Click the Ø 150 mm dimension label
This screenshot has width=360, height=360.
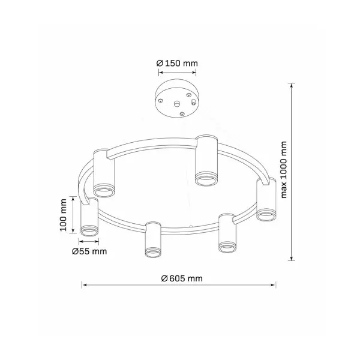(177, 63)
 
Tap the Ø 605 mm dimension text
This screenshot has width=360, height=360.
(182, 278)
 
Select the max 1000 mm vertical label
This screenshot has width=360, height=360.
(284, 170)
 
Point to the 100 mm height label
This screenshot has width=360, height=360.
(63, 215)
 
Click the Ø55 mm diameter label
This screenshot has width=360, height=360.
(89, 251)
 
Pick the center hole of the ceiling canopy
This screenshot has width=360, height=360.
(176, 104)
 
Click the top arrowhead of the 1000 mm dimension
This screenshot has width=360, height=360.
(292, 85)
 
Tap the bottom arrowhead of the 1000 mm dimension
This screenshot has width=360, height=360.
(292, 258)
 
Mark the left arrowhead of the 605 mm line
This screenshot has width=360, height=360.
(84, 285)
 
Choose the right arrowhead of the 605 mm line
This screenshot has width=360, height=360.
(274, 285)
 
